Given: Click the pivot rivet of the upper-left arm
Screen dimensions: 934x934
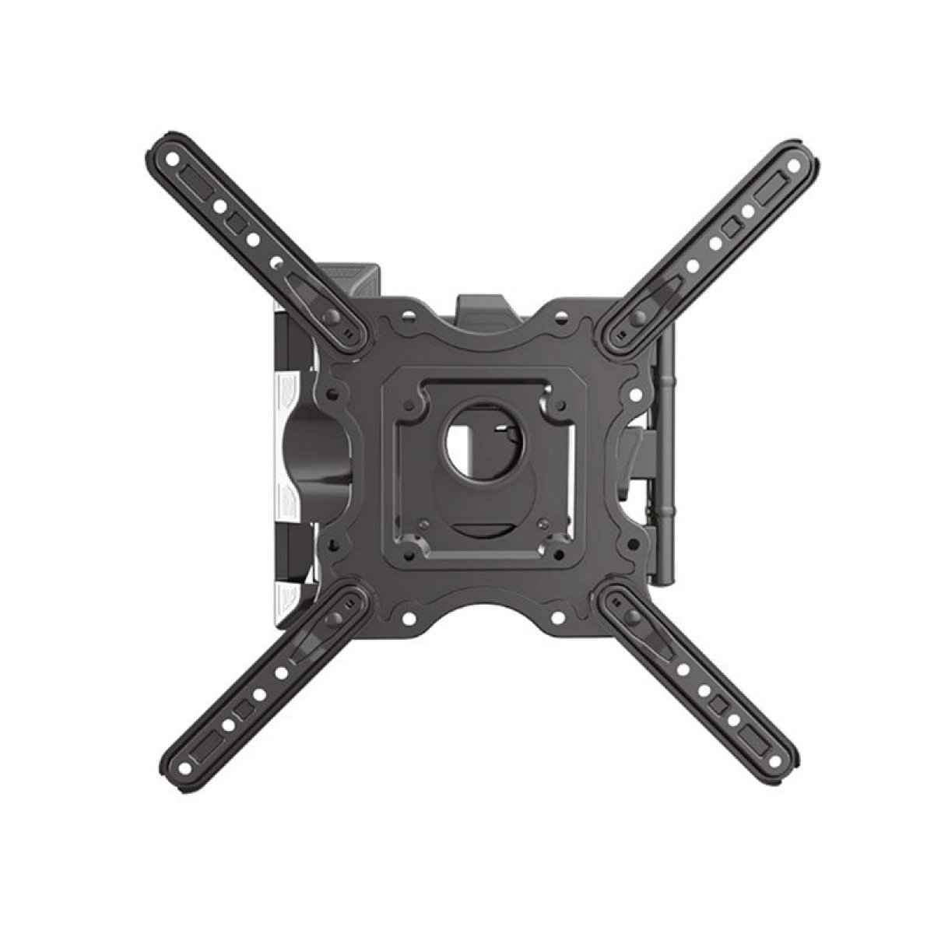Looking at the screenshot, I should (332, 317).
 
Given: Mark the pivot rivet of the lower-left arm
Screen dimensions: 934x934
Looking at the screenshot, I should (333, 618).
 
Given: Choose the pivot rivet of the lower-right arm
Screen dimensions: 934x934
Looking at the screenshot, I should (632, 617).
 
